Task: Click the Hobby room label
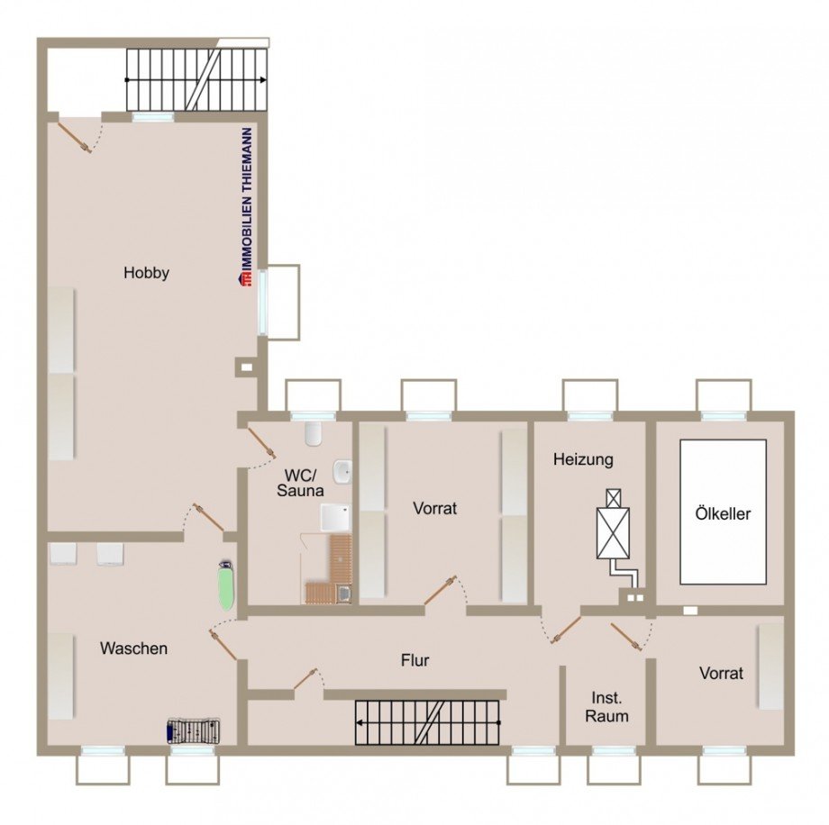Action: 147,273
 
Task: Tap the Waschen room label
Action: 133,648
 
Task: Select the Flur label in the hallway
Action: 414,660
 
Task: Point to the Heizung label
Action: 583,459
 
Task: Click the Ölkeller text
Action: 723,514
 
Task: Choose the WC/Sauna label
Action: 300,483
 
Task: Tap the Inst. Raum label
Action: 606,707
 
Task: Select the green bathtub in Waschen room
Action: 225,585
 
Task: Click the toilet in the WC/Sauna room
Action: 314,434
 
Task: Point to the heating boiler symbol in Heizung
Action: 614,531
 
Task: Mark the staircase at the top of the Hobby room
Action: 197,79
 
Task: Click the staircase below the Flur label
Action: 427,722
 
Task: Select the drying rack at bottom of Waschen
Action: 194,730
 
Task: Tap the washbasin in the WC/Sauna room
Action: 342,471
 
